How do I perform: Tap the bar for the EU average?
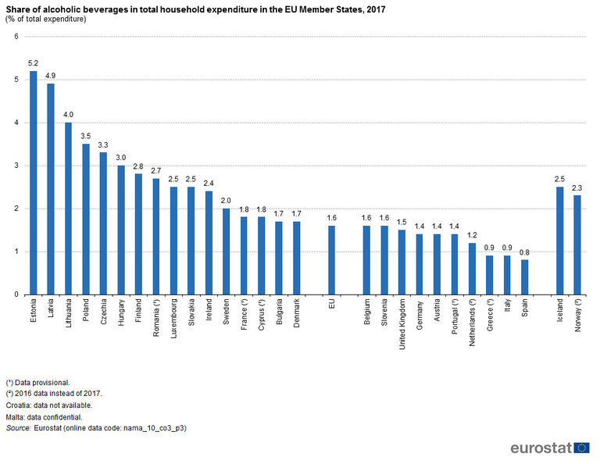pos(331,260)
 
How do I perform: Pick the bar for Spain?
pos(524,277)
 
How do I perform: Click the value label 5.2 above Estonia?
pos(34,62)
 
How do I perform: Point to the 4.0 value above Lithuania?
pos(69,114)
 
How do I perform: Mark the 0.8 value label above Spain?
pos(524,252)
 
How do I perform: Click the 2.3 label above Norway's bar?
pos(577,187)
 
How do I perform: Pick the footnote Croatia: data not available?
pos(48,405)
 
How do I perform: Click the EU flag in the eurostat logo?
pos(581,448)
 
